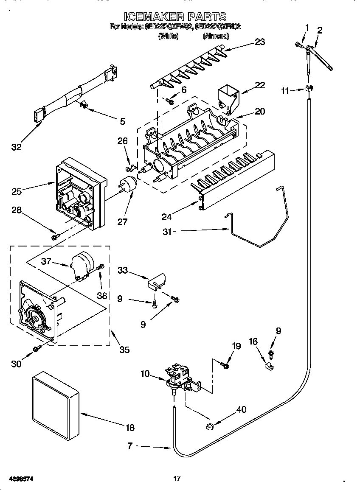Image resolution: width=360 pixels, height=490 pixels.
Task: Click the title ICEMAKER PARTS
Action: click(175, 17)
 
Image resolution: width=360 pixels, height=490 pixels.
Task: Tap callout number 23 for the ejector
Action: click(259, 42)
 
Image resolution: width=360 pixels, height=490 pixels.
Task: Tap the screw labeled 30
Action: click(37, 348)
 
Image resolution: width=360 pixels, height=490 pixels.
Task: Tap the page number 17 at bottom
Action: click(177, 479)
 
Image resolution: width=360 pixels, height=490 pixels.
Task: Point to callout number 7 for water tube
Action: click(130, 446)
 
